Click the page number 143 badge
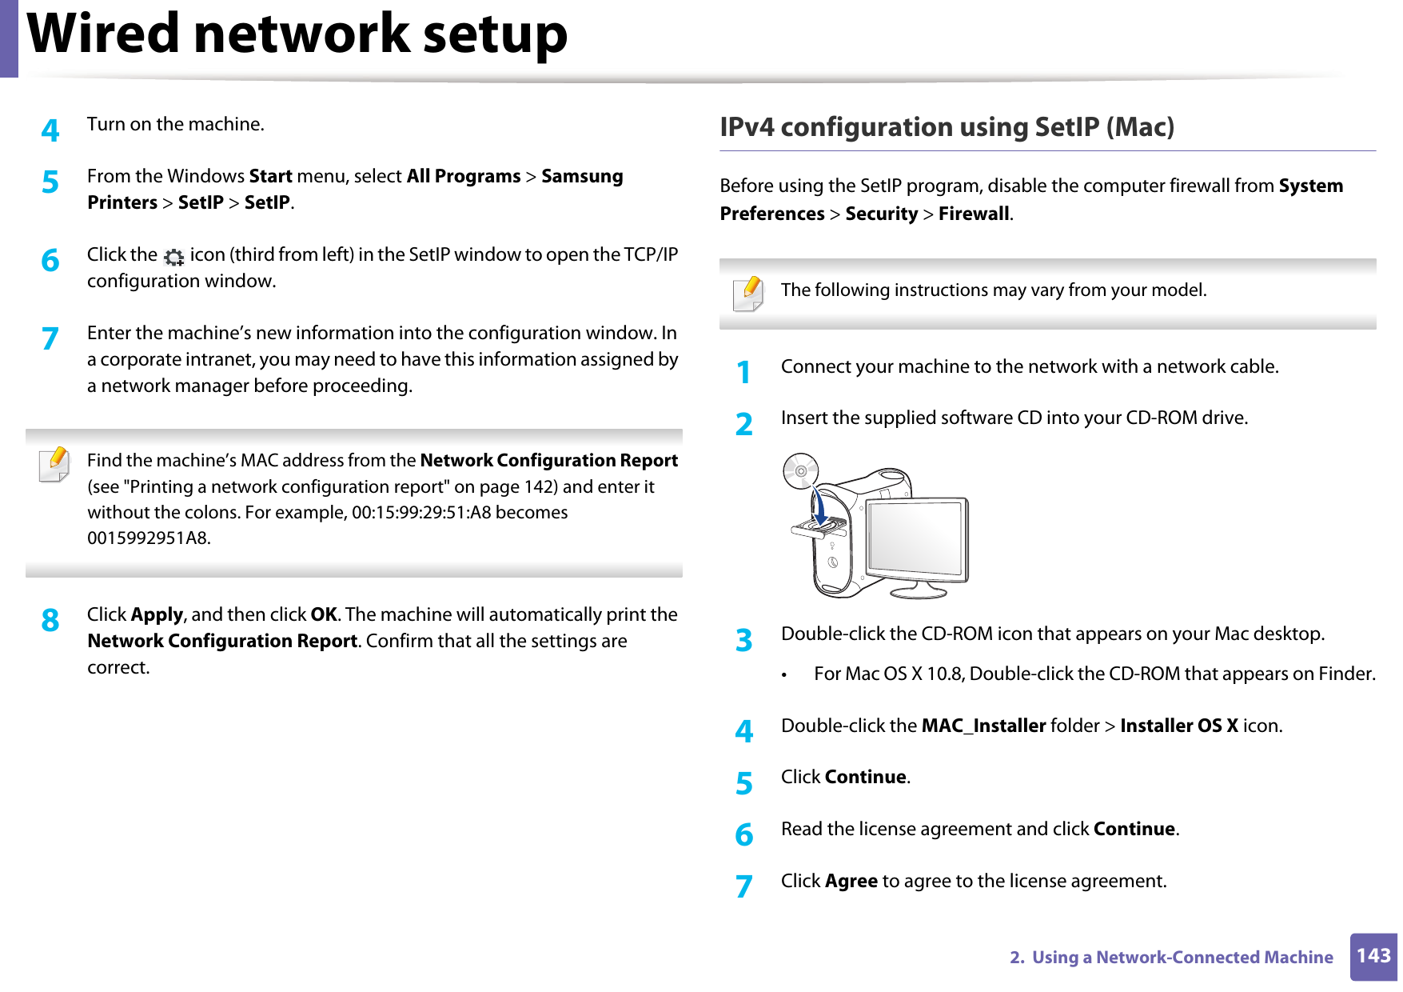pos(1373,956)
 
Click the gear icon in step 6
pos(173,257)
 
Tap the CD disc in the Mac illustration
pos(800,471)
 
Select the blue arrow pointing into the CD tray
pos(817,505)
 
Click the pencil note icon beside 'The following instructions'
pos(747,294)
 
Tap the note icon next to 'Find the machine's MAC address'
pos(54,464)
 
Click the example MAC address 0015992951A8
pos(148,538)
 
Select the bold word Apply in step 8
pos(157,614)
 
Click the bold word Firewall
pos(973,214)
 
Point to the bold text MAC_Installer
pos(982,726)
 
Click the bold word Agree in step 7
pos(851,881)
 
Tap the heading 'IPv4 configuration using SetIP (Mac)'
pos(947,127)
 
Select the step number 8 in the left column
pos(50,620)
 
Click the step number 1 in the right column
pos(743,372)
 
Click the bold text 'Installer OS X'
pos(1178,726)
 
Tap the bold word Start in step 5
pos(270,176)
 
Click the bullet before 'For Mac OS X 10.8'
pos(786,675)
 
